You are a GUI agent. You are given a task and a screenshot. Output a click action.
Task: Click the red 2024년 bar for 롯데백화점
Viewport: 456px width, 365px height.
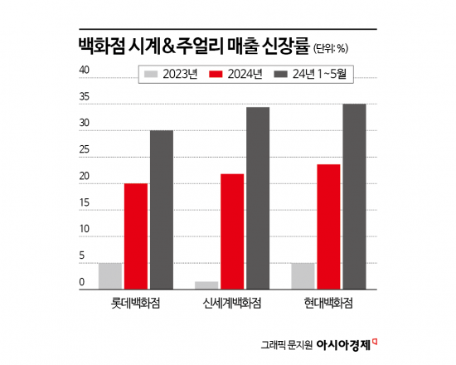click(x=136, y=236)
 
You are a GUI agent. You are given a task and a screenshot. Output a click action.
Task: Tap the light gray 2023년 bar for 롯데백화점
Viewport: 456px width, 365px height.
click(x=110, y=275)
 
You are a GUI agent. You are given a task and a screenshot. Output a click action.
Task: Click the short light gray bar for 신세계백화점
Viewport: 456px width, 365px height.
click(x=206, y=285)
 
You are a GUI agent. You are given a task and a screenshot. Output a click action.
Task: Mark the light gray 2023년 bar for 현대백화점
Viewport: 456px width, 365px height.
click(x=303, y=275)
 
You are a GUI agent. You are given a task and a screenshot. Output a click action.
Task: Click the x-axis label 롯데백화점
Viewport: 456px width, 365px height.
click(x=135, y=303)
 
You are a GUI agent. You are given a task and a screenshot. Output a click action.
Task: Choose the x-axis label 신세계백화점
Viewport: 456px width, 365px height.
click(x=232, y=303)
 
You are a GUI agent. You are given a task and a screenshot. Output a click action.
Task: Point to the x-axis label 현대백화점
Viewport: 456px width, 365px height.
click(x=328, y=303)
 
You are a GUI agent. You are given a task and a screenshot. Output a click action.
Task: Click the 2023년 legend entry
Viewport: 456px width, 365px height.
click(x=171, y=75)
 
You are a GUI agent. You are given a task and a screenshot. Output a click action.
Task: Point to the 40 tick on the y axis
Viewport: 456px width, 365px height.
click(x=84, y=71)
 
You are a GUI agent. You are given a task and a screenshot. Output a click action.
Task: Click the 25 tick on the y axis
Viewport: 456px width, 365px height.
click(x=84, y=150)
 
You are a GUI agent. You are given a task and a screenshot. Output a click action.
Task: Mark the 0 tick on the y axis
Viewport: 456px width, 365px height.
click(x=82, y=283)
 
